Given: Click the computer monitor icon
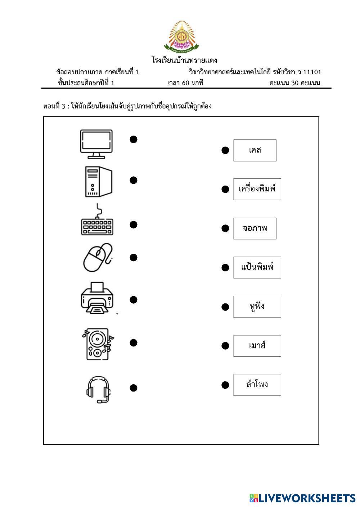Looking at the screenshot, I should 96,144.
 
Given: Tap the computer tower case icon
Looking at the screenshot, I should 98,182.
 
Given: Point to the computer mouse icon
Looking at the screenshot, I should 98,257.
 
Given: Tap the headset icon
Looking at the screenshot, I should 98,390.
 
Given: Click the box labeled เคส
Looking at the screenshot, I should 255,150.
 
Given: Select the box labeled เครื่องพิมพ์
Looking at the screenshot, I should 257,189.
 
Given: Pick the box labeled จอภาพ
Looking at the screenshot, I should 255,228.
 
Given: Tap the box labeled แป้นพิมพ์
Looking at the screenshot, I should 257,267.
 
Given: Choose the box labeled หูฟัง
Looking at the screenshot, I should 257,307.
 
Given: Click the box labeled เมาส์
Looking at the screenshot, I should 257,346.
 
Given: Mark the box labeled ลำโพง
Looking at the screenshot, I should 257,385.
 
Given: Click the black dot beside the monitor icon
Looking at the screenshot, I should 134,139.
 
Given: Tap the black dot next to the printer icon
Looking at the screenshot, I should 134,300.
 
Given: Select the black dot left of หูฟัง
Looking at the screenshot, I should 225,307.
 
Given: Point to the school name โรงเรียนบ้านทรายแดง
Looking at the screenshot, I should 184,60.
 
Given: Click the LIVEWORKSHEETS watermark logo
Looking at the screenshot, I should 302,498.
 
